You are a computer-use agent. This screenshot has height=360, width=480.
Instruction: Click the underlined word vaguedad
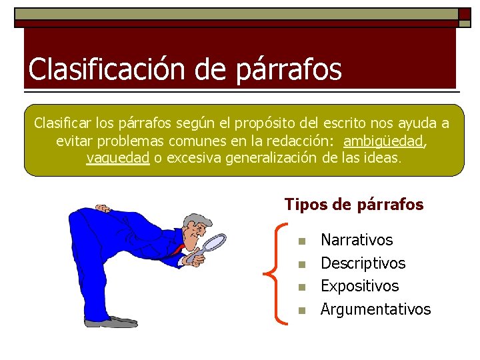coord(117,159)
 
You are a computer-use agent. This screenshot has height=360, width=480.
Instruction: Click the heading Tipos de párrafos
coord(354,205)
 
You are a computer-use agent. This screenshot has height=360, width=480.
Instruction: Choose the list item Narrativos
coord(357,240)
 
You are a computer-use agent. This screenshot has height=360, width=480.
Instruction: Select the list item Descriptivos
coord(363,263)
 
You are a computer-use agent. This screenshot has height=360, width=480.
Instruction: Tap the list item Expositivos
coord(359,286)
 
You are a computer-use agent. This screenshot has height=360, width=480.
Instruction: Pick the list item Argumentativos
coord(375,309)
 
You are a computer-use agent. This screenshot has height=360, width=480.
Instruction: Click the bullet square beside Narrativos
coord(301,241)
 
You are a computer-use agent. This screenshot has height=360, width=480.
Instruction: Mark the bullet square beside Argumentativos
coord(301,311)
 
